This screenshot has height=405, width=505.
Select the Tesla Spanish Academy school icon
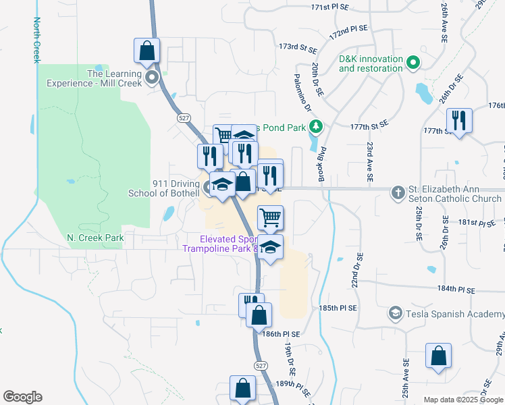(x=395, y=313)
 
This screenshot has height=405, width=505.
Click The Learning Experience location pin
(x=153, y=78)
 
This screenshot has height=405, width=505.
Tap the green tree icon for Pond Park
(x=315, y=126)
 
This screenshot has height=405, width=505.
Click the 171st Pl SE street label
(x=329, y=7)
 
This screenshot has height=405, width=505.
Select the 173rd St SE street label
(x=298, y=48)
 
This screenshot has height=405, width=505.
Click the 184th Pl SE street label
(x=456, y=289)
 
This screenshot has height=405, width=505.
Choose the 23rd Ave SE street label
(x=370, y=163)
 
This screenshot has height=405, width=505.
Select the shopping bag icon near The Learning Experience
(x=147, y=51)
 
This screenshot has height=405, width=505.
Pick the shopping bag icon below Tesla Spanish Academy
(x=438, y=356)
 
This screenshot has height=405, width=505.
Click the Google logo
(x=22, y=397)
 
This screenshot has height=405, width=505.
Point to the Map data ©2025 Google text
(x=462, y=400)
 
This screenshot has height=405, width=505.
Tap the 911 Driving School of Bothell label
(x=162, y=188)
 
